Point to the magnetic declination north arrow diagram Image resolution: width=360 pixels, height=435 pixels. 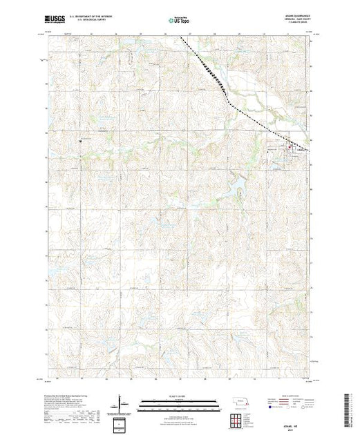[x=122, y=400]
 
